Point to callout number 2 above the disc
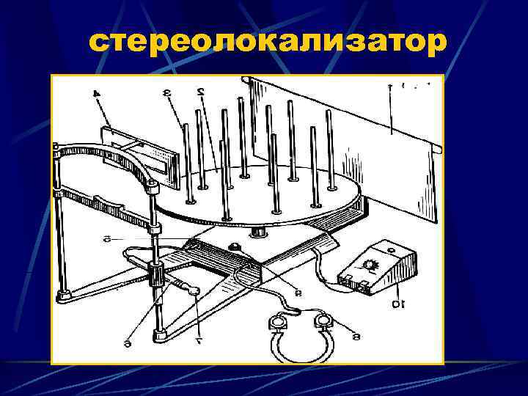199,92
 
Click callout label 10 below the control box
397,302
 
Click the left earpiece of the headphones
278,323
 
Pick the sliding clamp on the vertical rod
155,275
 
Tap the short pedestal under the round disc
258,232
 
